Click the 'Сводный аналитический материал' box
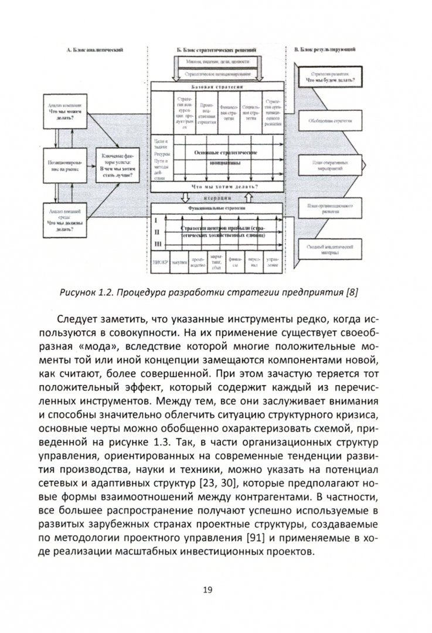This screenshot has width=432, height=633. (330, 250)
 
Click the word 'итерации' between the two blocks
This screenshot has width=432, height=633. (218, 197)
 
